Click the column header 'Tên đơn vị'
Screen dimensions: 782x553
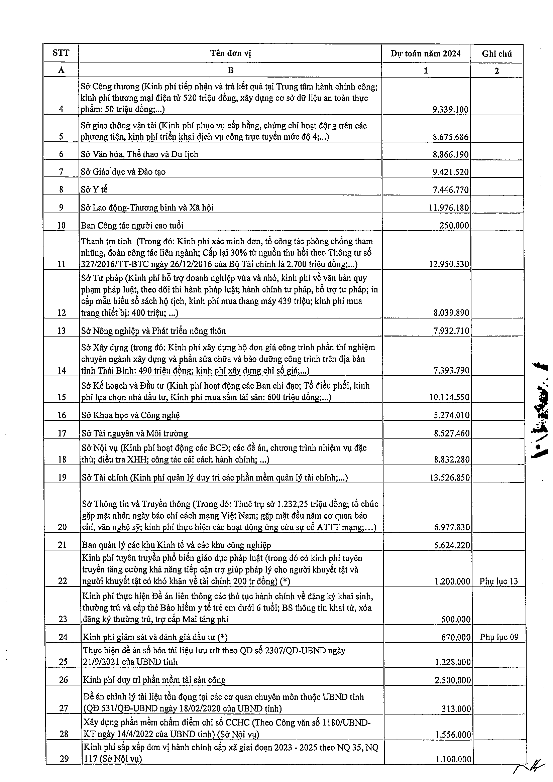[230, 53]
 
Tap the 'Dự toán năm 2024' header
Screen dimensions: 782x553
[426, 53]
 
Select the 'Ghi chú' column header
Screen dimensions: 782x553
[496, 53]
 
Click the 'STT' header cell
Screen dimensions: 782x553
[61, 53]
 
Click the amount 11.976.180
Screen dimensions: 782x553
[449, 208]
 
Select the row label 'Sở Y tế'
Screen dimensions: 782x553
[94, 189]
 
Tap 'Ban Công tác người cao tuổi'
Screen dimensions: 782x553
[132, 225]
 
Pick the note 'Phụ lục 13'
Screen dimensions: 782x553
[498, 581]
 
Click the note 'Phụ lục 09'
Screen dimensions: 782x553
[499, 637]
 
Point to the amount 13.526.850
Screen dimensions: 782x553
[449, 477]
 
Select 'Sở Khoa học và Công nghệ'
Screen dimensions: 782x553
[130, 415]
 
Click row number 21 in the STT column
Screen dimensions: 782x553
[62, 545]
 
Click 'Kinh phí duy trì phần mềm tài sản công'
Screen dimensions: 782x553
[154, 680]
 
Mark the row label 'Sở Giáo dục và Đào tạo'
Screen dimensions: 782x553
[123, 172]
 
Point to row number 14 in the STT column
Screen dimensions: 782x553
[62, 370]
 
